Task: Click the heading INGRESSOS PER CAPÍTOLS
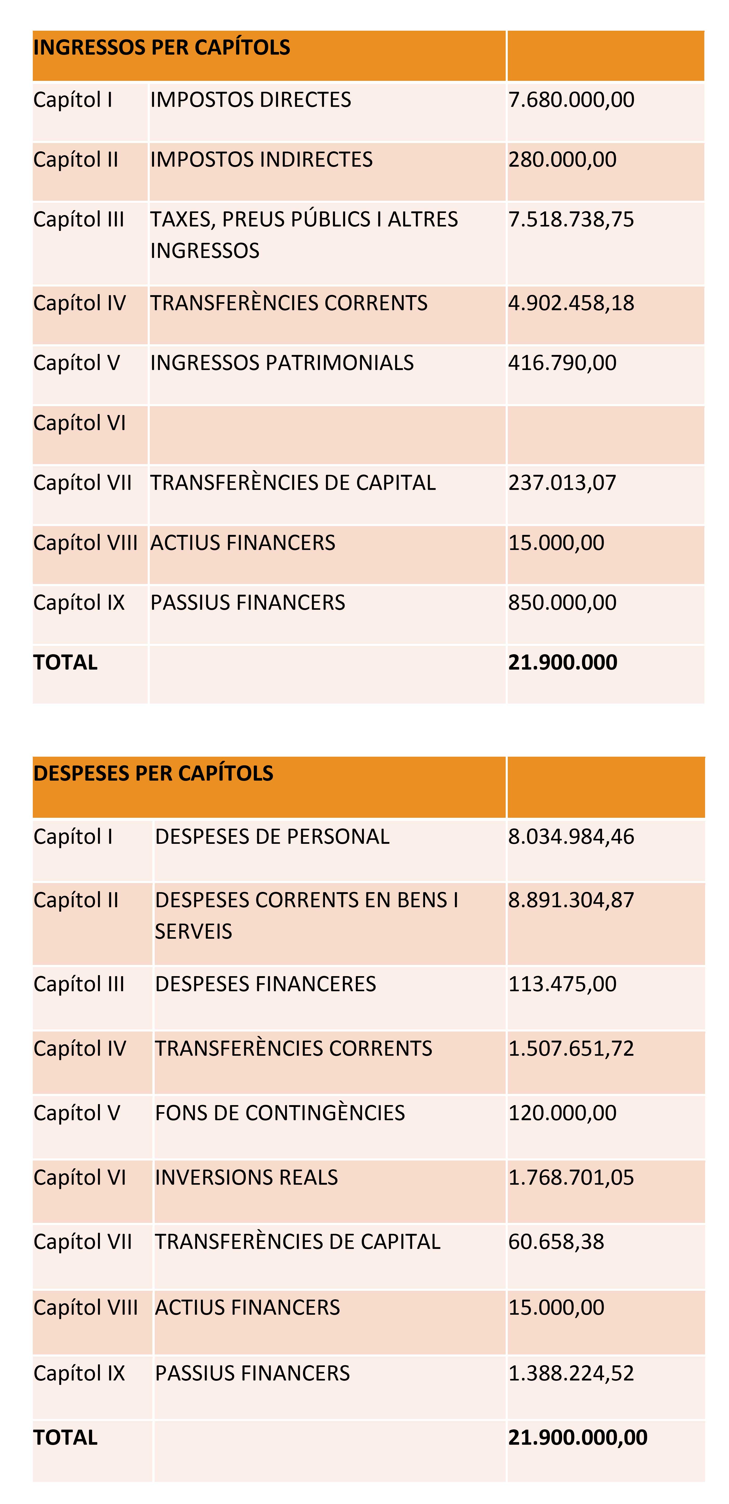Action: click(162, 47)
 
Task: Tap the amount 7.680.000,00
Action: click(571, 100)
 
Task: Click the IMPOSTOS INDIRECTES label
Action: click(262, 159)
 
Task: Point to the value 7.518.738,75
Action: click(571, 219)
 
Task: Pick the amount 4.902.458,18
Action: click(571, 303)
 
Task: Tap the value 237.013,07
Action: click(562, 483)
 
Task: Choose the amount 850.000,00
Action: click(562, 602)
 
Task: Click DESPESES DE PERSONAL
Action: click(272, 837)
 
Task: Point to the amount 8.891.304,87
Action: click(571, 900)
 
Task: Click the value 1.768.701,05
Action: click(571, 1178)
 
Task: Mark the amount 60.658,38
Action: click(556, 1242)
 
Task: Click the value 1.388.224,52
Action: click(571, 1373)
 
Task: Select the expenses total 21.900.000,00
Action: click(578, 1437)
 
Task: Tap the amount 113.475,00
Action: click(562, 984)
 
